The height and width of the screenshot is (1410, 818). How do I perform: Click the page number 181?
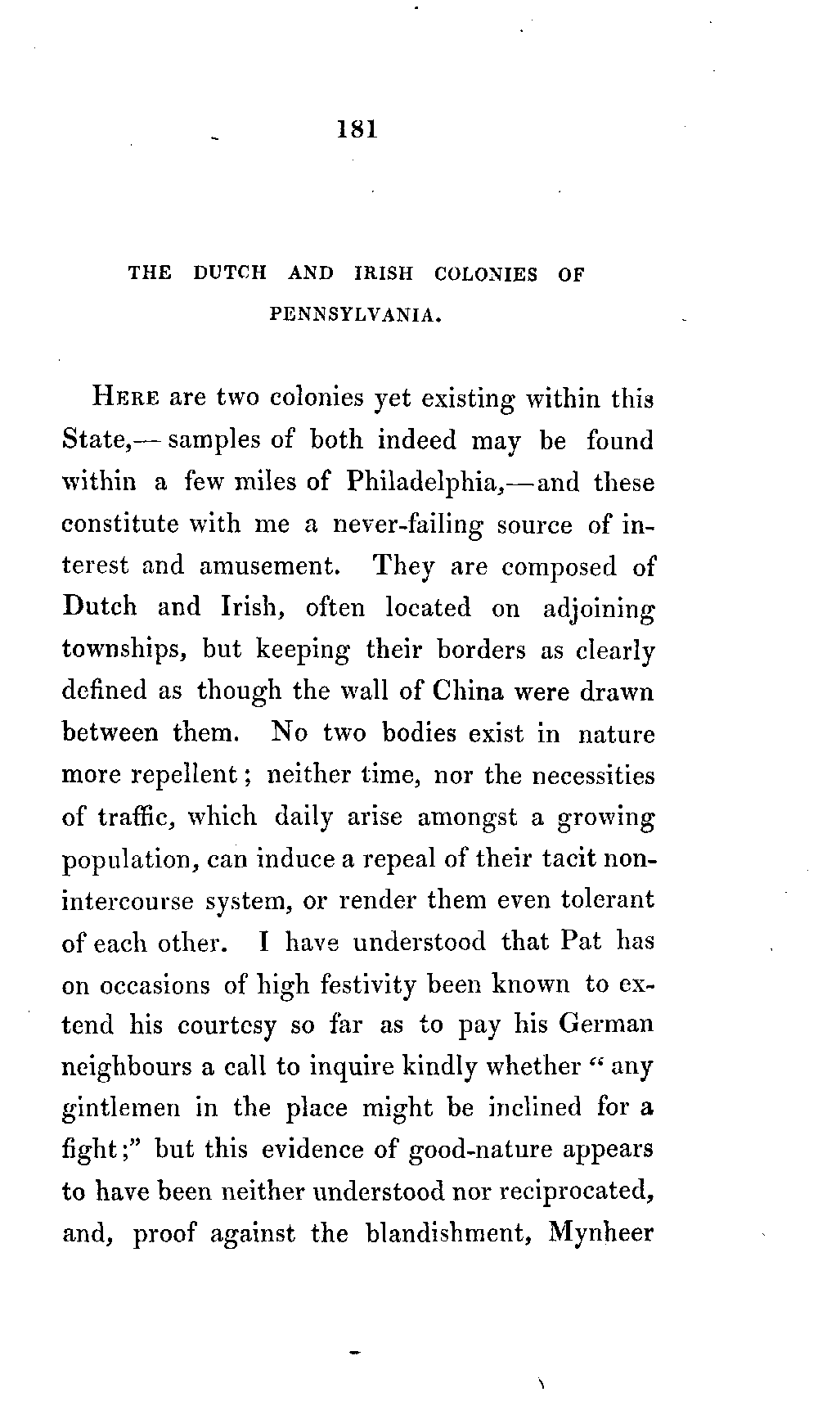point(357,129)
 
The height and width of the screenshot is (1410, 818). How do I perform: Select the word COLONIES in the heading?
point(486,274)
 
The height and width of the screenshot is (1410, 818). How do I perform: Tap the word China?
point(469,691)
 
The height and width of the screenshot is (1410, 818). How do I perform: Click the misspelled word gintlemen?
point(121,1109)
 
